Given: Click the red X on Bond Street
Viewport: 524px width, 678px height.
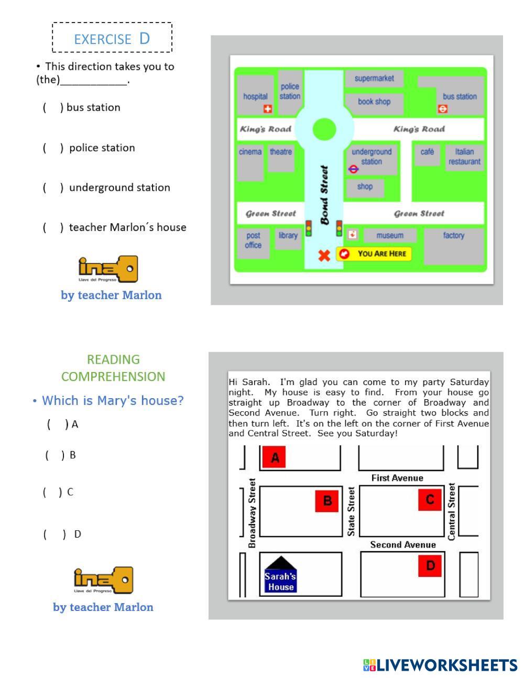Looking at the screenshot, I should (324, 255).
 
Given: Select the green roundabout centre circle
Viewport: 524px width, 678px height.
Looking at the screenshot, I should (324, 129).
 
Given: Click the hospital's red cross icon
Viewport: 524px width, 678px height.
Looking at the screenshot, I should (268, 109).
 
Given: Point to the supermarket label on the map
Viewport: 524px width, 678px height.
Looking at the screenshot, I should (374, 78).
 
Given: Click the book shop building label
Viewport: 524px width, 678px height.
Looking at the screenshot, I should (374, 102).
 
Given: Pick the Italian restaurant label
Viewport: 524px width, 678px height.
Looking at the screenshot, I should (464, 157).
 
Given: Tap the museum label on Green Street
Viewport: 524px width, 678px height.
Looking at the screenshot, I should (390, 235).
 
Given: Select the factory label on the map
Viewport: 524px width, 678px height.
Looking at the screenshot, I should (453, 235).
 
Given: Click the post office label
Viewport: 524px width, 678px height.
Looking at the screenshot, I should (253, 240).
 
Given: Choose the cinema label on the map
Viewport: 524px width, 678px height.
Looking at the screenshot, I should (250, 152).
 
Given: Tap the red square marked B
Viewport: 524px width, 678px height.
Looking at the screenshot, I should (327, 500).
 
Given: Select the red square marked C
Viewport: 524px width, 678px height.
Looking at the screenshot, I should (430, 499).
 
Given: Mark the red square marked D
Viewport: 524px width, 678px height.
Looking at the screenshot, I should (430, 566).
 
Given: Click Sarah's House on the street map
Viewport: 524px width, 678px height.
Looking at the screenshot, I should (280, 576).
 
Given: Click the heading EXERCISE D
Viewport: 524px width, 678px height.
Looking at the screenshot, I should (112, 38).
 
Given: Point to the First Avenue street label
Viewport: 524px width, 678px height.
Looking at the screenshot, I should (397, 478).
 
